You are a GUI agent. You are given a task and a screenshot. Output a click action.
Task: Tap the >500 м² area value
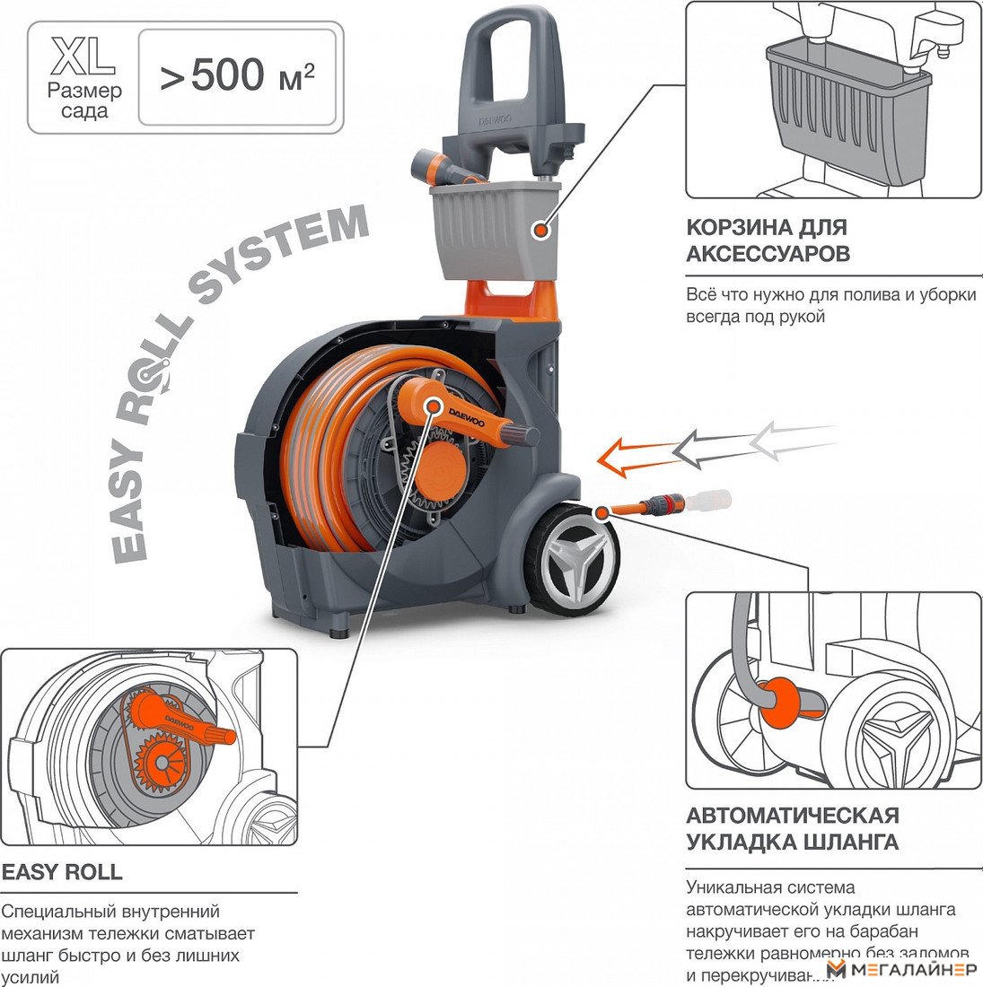point(238,77)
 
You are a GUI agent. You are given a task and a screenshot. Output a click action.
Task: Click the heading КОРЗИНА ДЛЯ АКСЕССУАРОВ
point(768,240)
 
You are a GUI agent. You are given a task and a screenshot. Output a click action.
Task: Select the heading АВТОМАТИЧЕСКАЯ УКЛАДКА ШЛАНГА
point(792,828)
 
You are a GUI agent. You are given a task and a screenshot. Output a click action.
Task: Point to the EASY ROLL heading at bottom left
point(62,872)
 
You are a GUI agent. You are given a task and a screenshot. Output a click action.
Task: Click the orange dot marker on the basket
point(540,231)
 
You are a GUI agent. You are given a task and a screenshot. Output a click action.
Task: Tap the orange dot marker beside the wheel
point(600,511)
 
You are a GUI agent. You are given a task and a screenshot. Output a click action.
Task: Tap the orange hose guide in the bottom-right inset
point(779,699)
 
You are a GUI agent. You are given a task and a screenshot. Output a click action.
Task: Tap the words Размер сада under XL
point(84,101)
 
